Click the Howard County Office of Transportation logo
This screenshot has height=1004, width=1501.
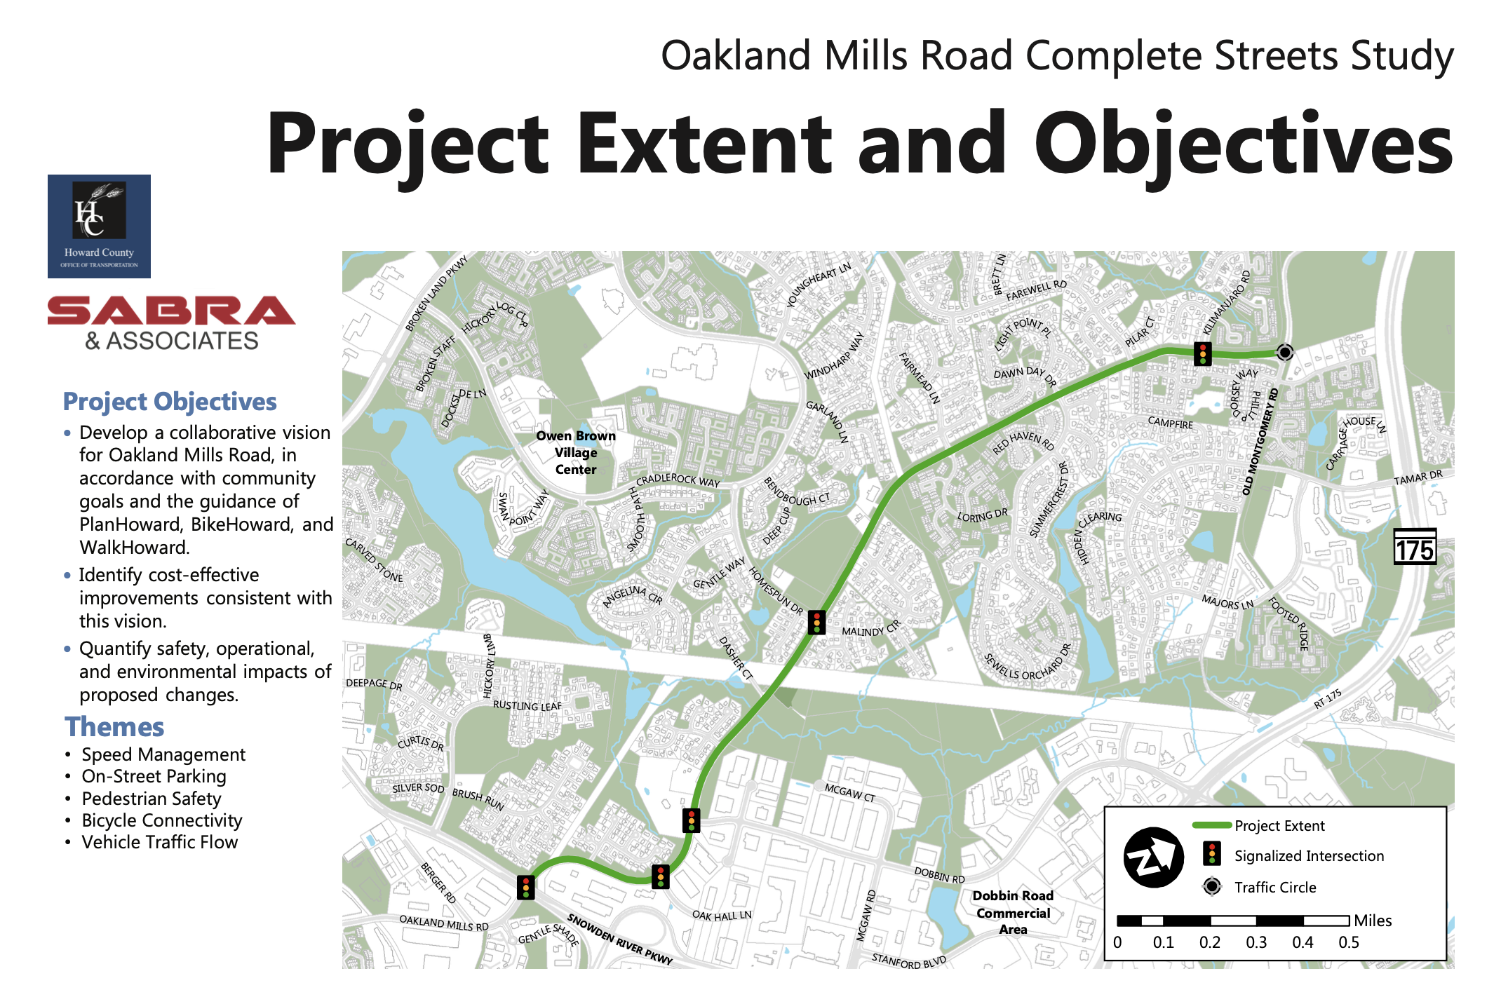point(99,226)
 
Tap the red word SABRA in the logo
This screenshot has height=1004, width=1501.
point(171,311)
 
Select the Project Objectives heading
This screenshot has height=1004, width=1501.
point(170,402)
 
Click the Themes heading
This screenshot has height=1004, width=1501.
point(114,727)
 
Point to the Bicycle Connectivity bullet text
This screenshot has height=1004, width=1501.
point(162,820)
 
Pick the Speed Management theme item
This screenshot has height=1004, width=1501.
point(163,754)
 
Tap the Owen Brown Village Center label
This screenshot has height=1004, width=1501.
point(576,453)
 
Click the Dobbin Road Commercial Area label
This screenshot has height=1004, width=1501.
point(1013,913)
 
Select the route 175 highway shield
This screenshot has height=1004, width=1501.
point(1415,547)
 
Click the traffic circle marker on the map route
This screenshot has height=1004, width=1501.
point(1285,352)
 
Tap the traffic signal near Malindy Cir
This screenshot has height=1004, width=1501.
point(816,622)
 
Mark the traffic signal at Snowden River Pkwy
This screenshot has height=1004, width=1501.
point(525,887)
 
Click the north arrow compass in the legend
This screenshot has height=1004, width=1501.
point(1154,857)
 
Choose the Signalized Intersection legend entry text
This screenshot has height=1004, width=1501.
point(1309,856)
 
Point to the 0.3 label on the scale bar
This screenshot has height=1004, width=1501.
point(1256,942)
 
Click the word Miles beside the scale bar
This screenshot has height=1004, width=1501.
point(1373,921)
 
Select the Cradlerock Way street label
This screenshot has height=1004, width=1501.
point(678,480)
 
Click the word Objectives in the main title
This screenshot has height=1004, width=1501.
point(1244,144)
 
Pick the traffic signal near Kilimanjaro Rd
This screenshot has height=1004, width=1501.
point(1203,353)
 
